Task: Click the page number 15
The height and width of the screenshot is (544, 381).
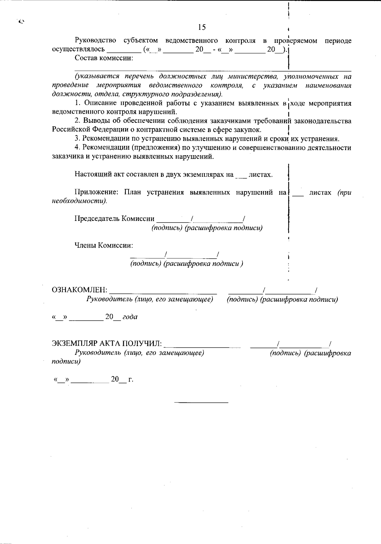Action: pyautogui.click(x=202, y=27)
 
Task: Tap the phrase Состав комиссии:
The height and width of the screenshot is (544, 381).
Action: pyautogui.click(x=104, y=58)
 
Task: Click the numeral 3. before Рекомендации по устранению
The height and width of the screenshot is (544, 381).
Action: pyautogui.click(x=77, y=139)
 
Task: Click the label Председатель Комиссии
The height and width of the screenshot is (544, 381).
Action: pyautogui.click(x=114, y=219)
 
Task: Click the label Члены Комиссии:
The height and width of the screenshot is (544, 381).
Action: pyautogui.click(x=104, y=245)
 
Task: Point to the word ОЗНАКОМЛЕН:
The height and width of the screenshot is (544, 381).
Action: pyautogui.click(x=80, y=290)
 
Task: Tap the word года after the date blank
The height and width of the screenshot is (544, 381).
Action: pyautogui.click(x=130, y=317)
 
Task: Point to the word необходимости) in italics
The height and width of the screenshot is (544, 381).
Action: pyautogui.click(x=79, y=201)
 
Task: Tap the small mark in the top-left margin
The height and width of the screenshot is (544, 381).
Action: pyautogui.click(x=21, y=22)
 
